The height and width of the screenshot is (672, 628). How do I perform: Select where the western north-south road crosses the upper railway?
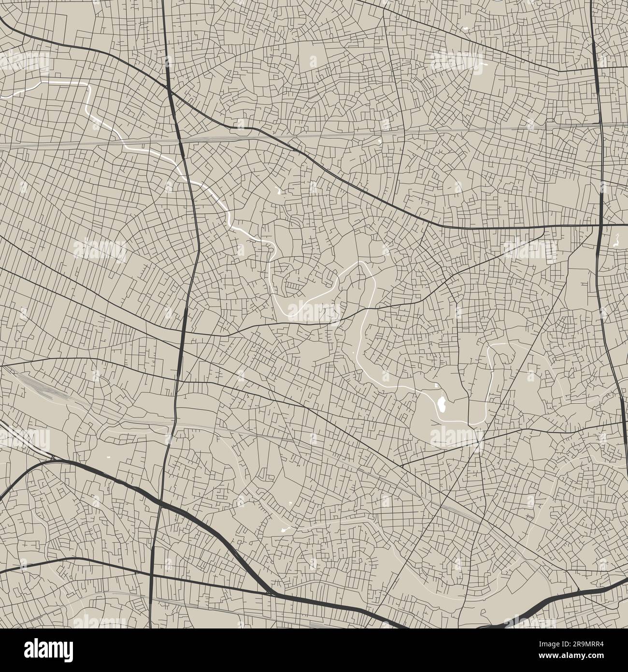tap(180, 139)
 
